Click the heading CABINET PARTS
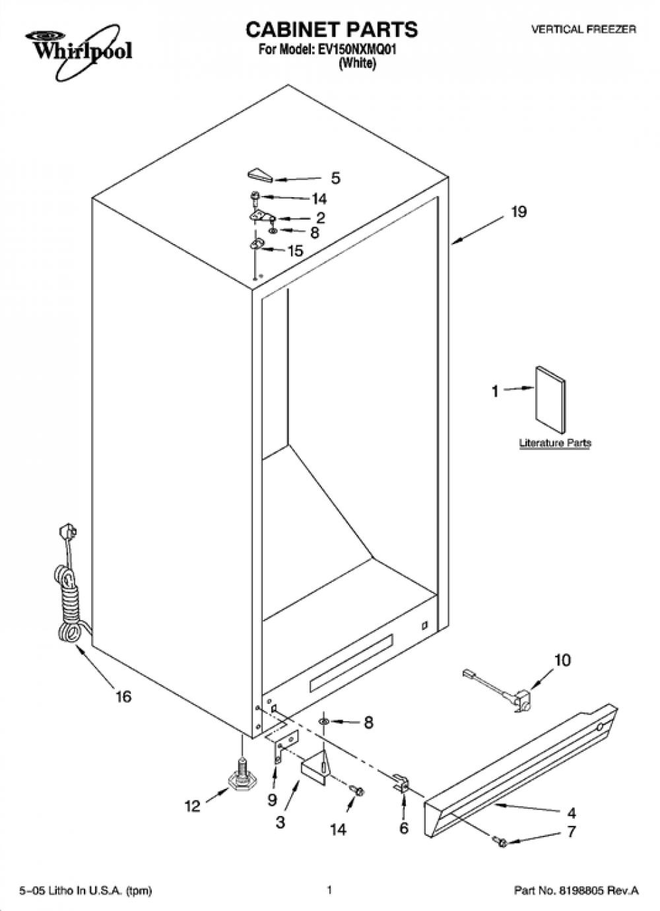(331, 29)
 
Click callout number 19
(519, 212)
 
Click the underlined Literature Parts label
(555, 443)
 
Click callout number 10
(562, 660)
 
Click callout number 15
(296, 251)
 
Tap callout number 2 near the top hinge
(321, 218)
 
